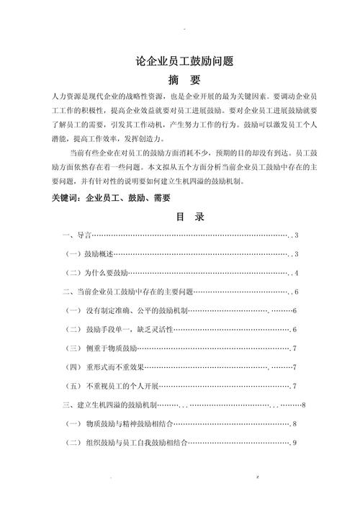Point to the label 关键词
click(68, 197)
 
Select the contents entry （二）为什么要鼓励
click(96, 274)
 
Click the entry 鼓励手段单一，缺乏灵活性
click(128, 330)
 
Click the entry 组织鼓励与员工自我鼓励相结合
click(132, 443)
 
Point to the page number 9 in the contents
click(295, 443)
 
